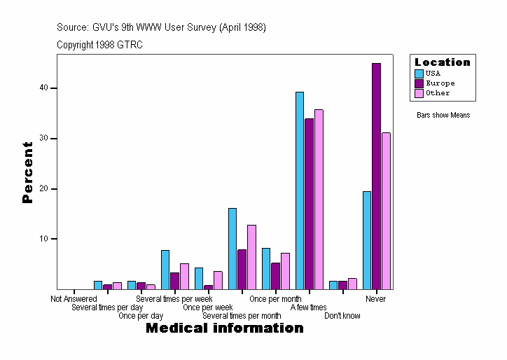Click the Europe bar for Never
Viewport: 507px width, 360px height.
pos(376,176)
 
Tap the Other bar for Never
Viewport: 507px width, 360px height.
pos(386,211)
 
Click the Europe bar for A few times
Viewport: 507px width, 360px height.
pos(309,204)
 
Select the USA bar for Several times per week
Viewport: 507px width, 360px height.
pos(165,270)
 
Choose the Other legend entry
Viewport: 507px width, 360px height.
pos(437,92)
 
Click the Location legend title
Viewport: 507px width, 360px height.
pos(443,62)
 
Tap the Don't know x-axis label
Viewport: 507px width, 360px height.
pos(342,316)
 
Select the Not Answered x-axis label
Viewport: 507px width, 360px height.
pos(74,299)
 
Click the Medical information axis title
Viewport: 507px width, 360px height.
pos(224,328)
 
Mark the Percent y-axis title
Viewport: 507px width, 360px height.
pos(27,172)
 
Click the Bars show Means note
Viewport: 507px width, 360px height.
pos(443,115)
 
